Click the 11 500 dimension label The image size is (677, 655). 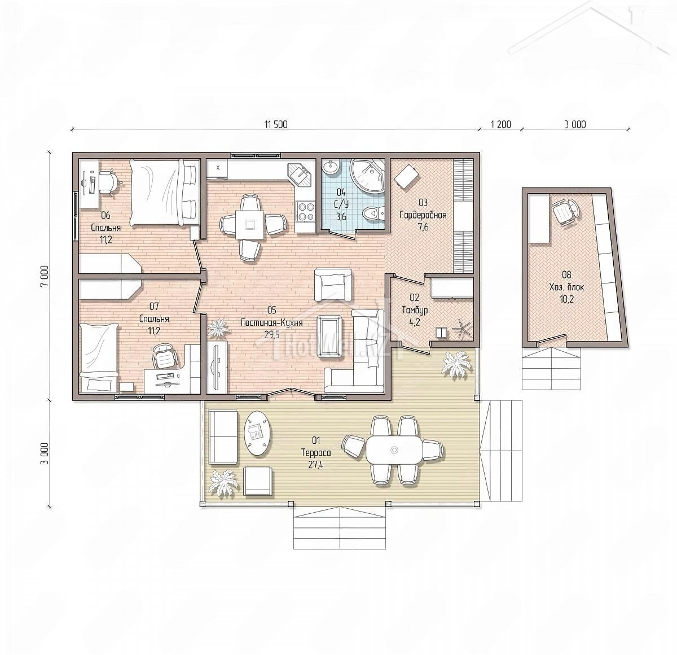coord(276,124)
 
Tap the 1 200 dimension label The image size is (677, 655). coord(500,124)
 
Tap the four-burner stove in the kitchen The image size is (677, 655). coord(305,212)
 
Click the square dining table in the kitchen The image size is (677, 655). coord(248,225)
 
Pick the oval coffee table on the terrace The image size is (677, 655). coord(258,433)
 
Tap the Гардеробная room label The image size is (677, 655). coord(423,215)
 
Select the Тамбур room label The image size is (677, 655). coord(414,309)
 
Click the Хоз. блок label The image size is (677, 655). coord(566,287)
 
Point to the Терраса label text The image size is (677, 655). coord(316,453)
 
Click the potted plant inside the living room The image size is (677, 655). coord(218,327)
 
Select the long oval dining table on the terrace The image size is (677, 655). coord(394,449)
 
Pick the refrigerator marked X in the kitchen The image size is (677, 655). coord(217,168)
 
